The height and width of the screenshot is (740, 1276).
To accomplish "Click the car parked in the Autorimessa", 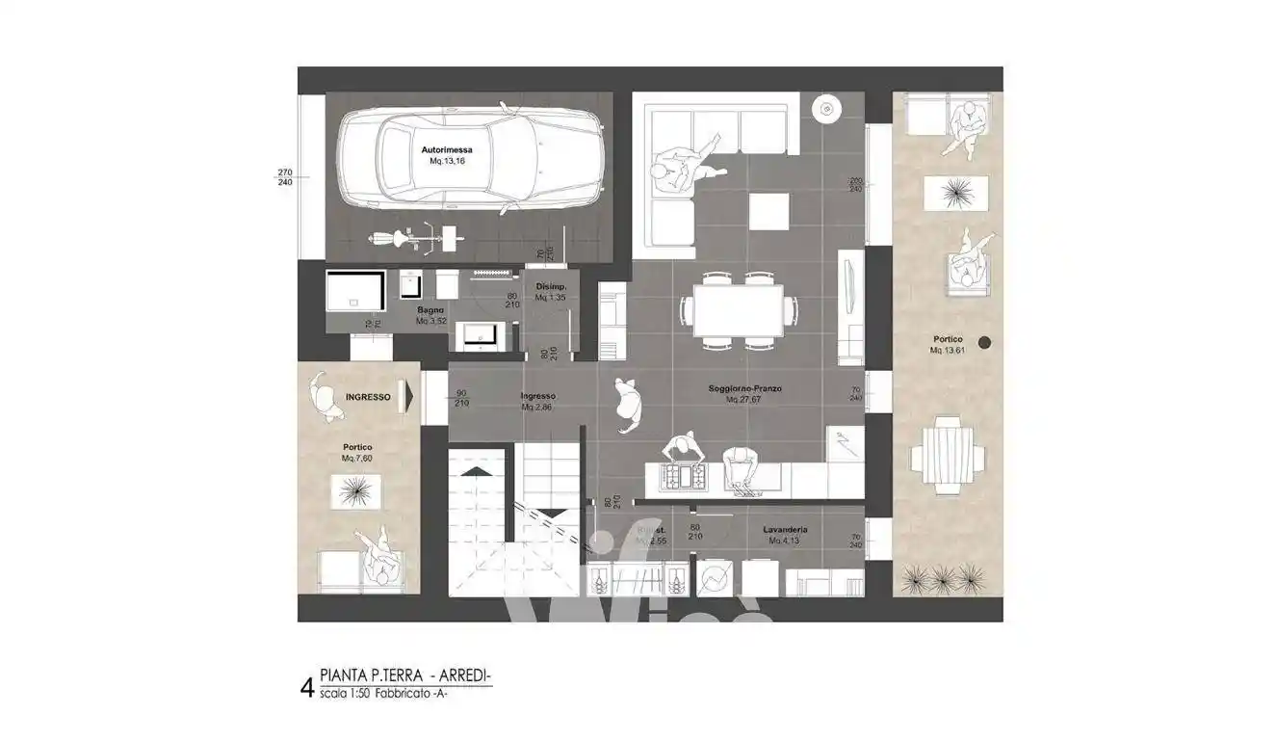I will (470, 161).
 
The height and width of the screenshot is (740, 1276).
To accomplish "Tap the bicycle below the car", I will (397, 236).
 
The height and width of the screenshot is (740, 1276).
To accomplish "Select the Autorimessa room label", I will (446, 150).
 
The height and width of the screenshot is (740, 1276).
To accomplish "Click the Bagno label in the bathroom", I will (430, 310).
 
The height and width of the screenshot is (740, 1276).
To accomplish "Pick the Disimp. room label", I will (551, 288).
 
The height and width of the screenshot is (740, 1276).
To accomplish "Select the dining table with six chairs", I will (739, 310).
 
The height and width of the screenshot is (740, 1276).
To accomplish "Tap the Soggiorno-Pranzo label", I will (744, 388).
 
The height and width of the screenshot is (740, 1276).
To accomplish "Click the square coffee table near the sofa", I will (768, 211).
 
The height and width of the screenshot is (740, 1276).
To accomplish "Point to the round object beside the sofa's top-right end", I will (825, 109).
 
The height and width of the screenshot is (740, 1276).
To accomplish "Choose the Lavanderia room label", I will (785, 530).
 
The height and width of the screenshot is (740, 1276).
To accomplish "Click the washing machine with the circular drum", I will (714, 577).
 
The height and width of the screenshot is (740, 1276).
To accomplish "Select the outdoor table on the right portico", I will (949, 454).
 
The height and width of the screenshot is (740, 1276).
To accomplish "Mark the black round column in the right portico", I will (984, 342).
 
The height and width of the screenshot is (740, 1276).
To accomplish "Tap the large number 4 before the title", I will (306, 688).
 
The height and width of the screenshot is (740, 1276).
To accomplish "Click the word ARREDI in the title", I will (467, 678).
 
